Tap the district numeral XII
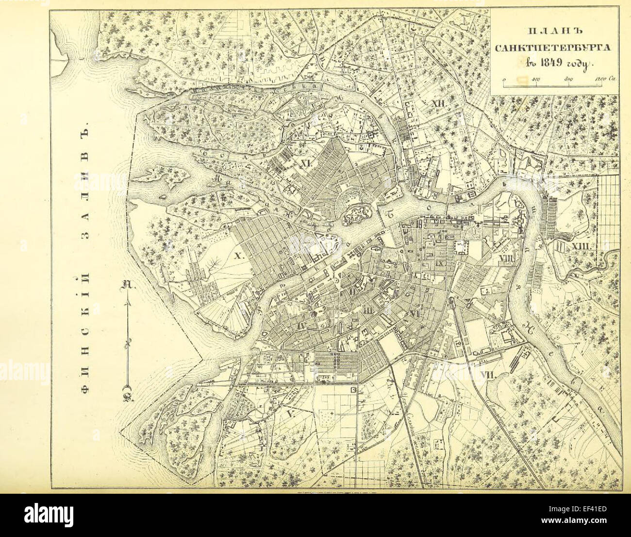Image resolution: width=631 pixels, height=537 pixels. pos(438,103)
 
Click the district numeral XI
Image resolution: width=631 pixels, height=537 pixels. pos(305,164)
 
